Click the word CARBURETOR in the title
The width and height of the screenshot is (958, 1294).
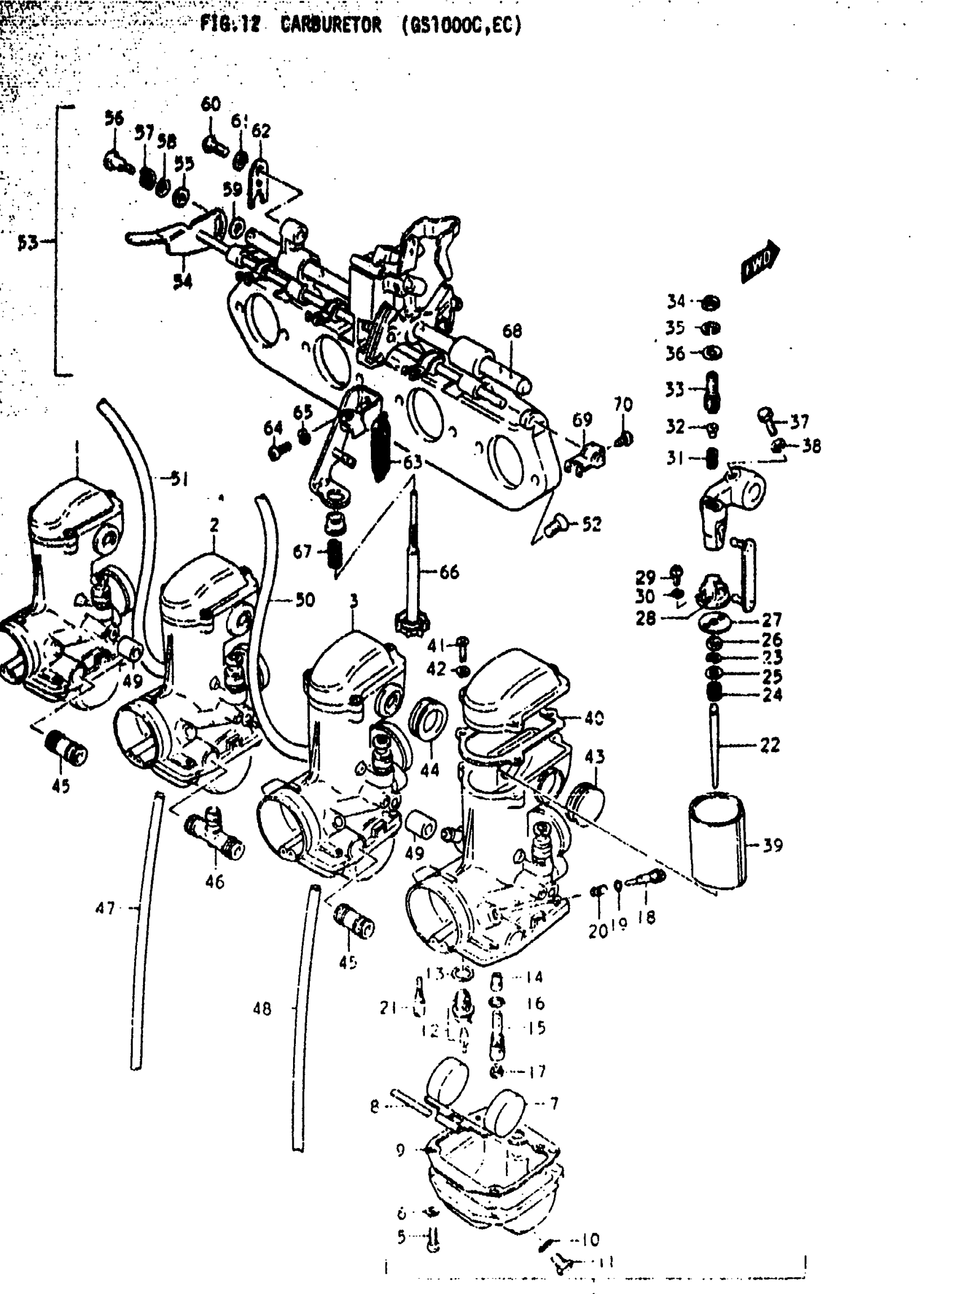(331, 25)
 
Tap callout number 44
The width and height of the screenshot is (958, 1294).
(430, 770)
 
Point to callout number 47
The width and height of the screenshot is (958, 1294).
(105, 908)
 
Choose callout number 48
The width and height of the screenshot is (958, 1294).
(261, 1009)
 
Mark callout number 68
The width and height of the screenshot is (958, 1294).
(512, 331)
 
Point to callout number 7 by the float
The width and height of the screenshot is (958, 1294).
(553, 1103)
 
